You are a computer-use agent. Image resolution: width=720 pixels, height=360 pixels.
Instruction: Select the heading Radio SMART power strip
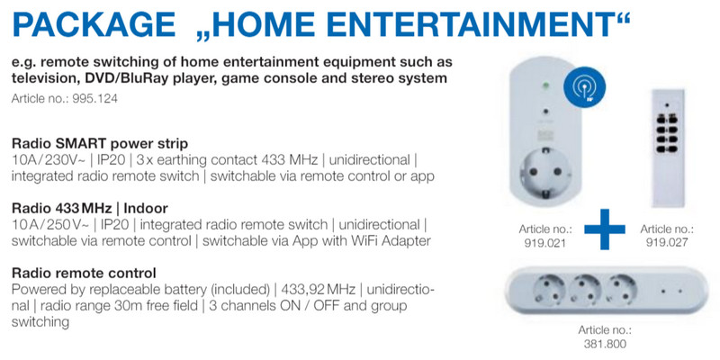[100, 144]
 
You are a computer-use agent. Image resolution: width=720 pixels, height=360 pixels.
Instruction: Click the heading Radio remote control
[84, 274]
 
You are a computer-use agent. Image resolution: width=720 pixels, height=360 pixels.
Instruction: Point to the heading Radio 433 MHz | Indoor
[90, 209]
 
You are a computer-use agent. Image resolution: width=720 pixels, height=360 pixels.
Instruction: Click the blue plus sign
[604, 229]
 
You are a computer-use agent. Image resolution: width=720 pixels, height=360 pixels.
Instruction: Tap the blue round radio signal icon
[584, 87]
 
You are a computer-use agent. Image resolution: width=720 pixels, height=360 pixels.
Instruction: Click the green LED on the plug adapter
[546, 85]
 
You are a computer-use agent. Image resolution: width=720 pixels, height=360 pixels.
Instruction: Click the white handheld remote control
[668, 148]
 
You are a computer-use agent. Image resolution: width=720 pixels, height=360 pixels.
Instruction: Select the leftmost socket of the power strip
[547, 291]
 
